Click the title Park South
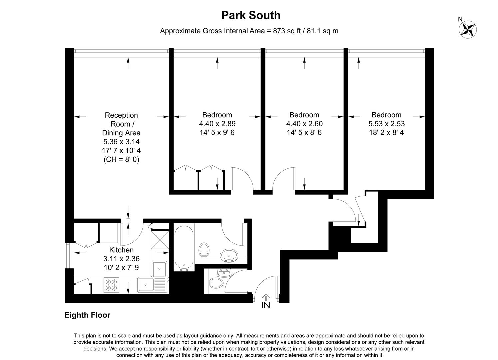[251, 15]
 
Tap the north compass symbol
[468, 29]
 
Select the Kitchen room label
[121, 250]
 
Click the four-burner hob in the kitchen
[111, 285]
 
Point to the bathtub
[184, 247]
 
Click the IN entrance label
[266, 305]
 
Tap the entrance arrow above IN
[266, 297]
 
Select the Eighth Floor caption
[87, 315]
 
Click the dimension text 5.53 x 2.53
[386, 124]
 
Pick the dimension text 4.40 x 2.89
[217, 124]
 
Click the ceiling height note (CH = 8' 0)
[121, 160]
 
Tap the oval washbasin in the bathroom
[229, 255]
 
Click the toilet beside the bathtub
[204, 250]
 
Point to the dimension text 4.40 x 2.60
[304, 124]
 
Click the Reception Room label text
[121, 120]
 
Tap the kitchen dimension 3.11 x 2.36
[121, 259]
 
